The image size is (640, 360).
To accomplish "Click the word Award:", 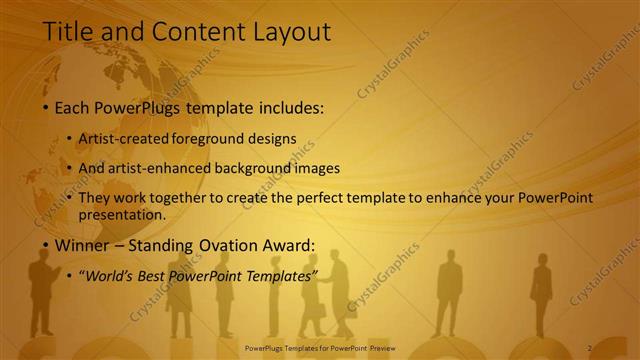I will click(x=287, y=246).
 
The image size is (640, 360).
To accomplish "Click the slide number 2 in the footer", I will click(x=589, y=347).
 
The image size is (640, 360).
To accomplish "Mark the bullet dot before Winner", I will click(x=45, y=246).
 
